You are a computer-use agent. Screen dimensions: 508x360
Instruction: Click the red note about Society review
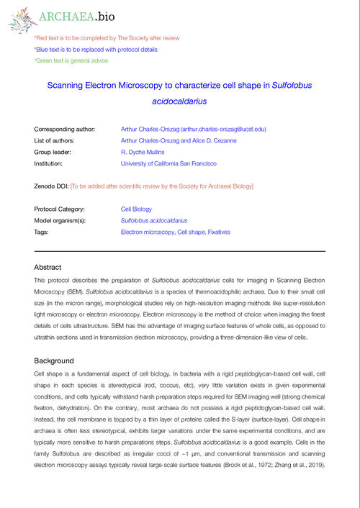(107, 37)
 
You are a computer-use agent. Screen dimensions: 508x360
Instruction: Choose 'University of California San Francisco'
(173, 165)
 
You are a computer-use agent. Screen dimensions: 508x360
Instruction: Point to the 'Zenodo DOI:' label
(51, 186)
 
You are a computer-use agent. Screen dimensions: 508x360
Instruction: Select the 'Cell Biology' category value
(135, 209)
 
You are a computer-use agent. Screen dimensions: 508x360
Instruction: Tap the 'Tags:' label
(42, 233)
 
